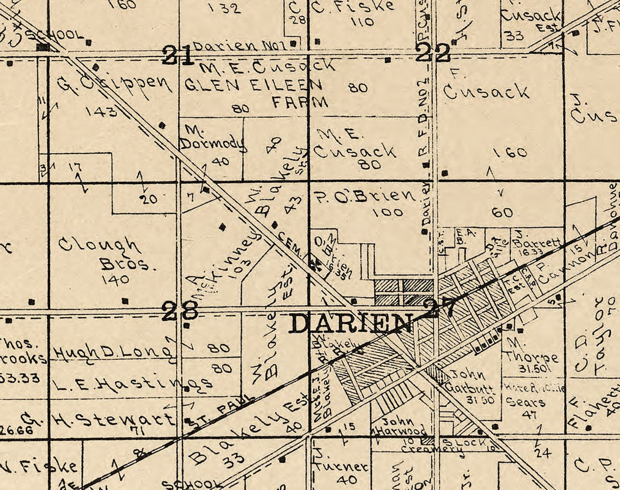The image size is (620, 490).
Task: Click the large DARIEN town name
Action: [x=350, y=323]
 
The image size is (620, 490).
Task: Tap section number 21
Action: [x=178, y=55]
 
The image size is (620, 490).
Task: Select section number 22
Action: [x=433, y=53]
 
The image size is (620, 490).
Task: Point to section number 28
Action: [x=179, y=311]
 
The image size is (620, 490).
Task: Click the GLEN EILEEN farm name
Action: [x=253, y=85]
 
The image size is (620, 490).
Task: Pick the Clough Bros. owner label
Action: [x=100, y=253]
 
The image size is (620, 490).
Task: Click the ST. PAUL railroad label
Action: [x=221, y=409]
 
